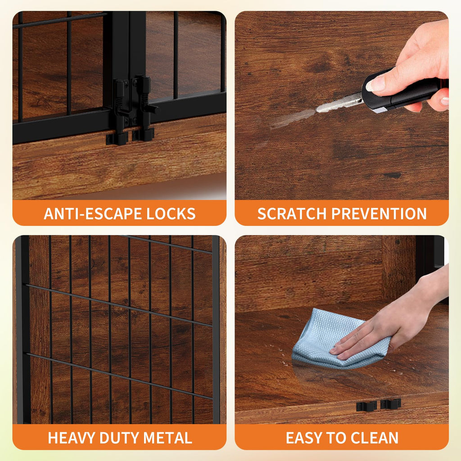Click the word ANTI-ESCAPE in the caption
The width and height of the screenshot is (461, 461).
click(x=94, y=214)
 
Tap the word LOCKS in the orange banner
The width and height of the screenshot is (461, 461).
click(x=171, y=214)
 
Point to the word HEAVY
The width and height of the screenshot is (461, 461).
click(x=72, y=438)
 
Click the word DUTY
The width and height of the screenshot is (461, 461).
click(x=119, y=438)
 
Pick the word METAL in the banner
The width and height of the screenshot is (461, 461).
click(x=167, y=438)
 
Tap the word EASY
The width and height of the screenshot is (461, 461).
click(x=304, y=438)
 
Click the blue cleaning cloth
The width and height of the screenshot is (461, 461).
click(x=338, y=338)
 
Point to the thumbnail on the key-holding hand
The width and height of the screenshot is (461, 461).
click(x=375, y=84)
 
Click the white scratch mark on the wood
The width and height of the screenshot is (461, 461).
click(x=291, y=118)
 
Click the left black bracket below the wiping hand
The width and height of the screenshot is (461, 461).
click(x=366, y=406)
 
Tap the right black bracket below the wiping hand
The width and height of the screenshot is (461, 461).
click(x=390, y=404)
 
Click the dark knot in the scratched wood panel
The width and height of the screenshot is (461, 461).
click(x=393, y=175)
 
